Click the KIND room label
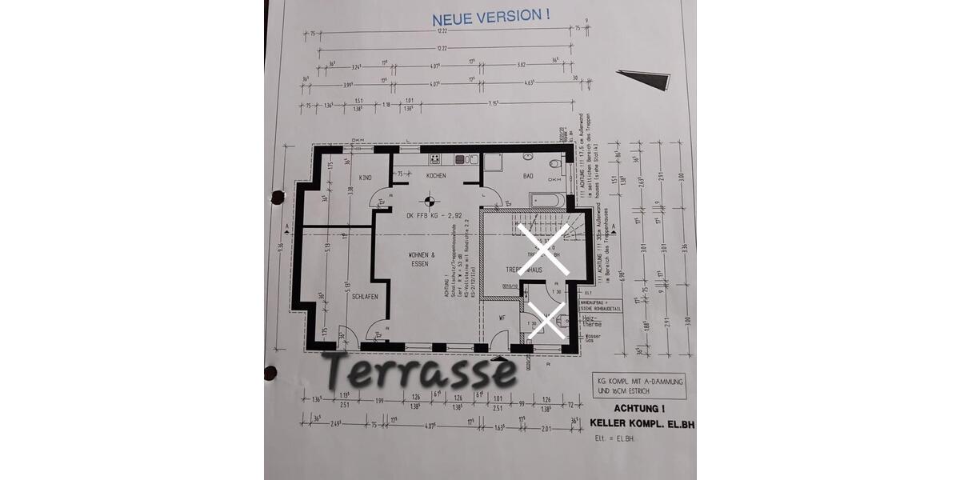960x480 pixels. point(364,177)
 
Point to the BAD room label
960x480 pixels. point(528,176)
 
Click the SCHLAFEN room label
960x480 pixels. point(364,296)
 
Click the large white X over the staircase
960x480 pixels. point(543,250)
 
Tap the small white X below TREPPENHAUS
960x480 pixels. point(549,322)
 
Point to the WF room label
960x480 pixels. point(502,318)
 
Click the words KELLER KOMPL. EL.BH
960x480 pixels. point(642,423)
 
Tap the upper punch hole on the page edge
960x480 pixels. point(278,196)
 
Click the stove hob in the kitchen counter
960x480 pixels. point(434,158)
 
